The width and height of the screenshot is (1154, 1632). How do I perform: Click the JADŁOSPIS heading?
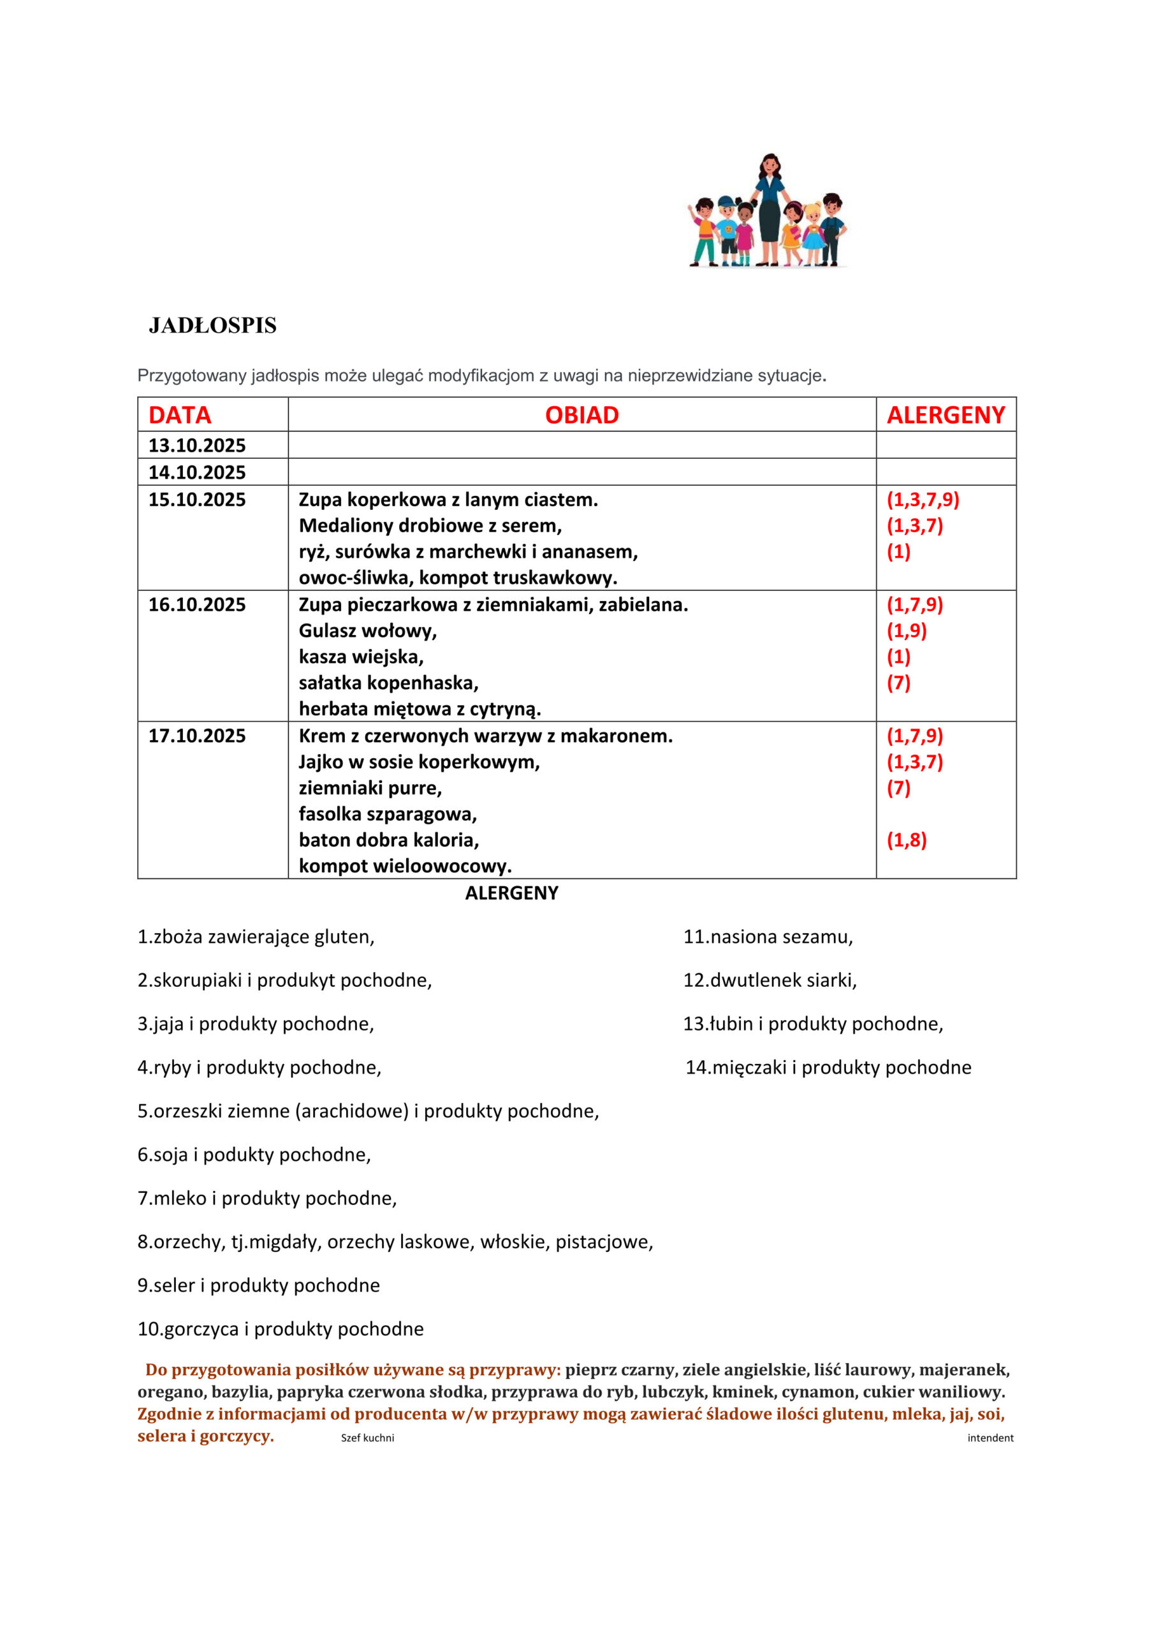[x=212, y=326]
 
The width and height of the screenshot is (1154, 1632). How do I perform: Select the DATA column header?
[x=180, y=415]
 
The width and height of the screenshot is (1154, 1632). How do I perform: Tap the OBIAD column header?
[x=581, y=415]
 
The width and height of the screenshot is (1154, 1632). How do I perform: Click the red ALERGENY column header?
[x=946, y=415]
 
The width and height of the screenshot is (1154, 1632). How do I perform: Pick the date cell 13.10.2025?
[x=197, y=446]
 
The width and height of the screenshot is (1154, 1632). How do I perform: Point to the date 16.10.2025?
[x=197, y=605]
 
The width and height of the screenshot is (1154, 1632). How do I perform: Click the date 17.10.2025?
[x=197, y=736]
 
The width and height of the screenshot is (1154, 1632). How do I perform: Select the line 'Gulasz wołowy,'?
[x=368, y=630]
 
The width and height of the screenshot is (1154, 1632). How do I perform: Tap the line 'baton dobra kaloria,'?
[x=389, y=840]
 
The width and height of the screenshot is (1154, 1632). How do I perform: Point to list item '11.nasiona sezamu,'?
[x=768, y=937]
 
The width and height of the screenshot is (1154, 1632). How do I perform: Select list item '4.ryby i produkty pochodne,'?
[x=259, y=1068]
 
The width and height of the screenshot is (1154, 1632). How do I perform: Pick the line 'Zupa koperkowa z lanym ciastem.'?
[x=448, y=500]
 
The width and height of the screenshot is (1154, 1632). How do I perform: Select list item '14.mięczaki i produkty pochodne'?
[x=828, y=1068]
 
